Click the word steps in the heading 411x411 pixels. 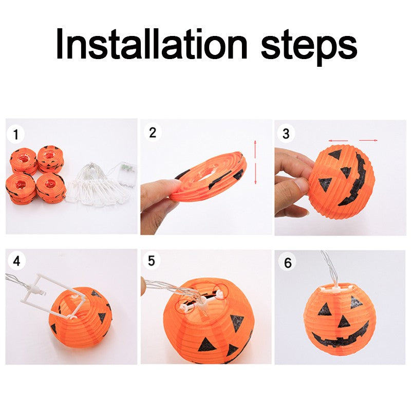[308, 44]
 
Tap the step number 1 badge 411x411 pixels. [16, 135]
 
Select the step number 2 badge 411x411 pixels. [152, 132]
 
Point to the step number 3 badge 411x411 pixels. [286, 134]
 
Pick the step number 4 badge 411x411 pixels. [16, 261]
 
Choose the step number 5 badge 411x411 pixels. [151, 260]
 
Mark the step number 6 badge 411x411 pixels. [287, 263]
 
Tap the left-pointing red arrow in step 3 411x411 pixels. [339, 140]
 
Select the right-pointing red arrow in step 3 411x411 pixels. [368, 140]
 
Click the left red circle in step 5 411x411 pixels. [184, 305]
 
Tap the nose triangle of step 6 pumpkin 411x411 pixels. [344, 322]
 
